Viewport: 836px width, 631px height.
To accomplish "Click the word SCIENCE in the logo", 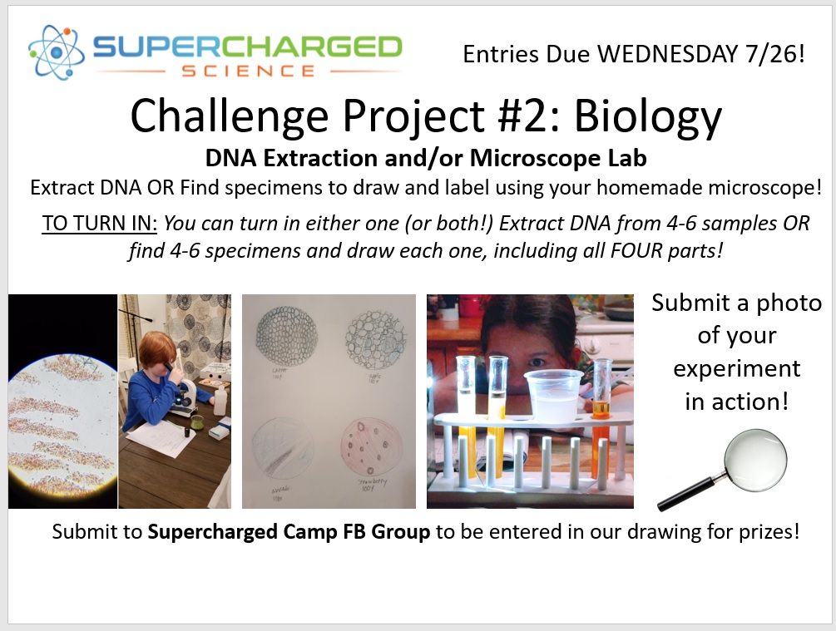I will [x=249, y=71].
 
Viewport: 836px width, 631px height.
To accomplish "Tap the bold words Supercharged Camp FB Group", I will [x=289, y=532].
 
